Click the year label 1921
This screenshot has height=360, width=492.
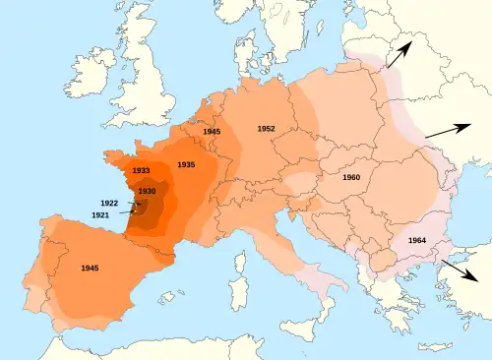(100, 214)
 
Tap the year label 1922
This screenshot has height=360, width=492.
(109, 203)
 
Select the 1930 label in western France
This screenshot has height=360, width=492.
(147, 190)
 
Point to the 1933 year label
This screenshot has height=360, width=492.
(140, 170)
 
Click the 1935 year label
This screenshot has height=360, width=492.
(186, 163)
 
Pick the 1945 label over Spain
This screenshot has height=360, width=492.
(90, 268)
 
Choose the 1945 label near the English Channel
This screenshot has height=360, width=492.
(212, 131)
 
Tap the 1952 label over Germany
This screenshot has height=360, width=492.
(266, 129)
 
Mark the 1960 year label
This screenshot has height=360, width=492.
(351, 177)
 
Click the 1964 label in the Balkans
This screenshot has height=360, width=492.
(416, 241)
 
